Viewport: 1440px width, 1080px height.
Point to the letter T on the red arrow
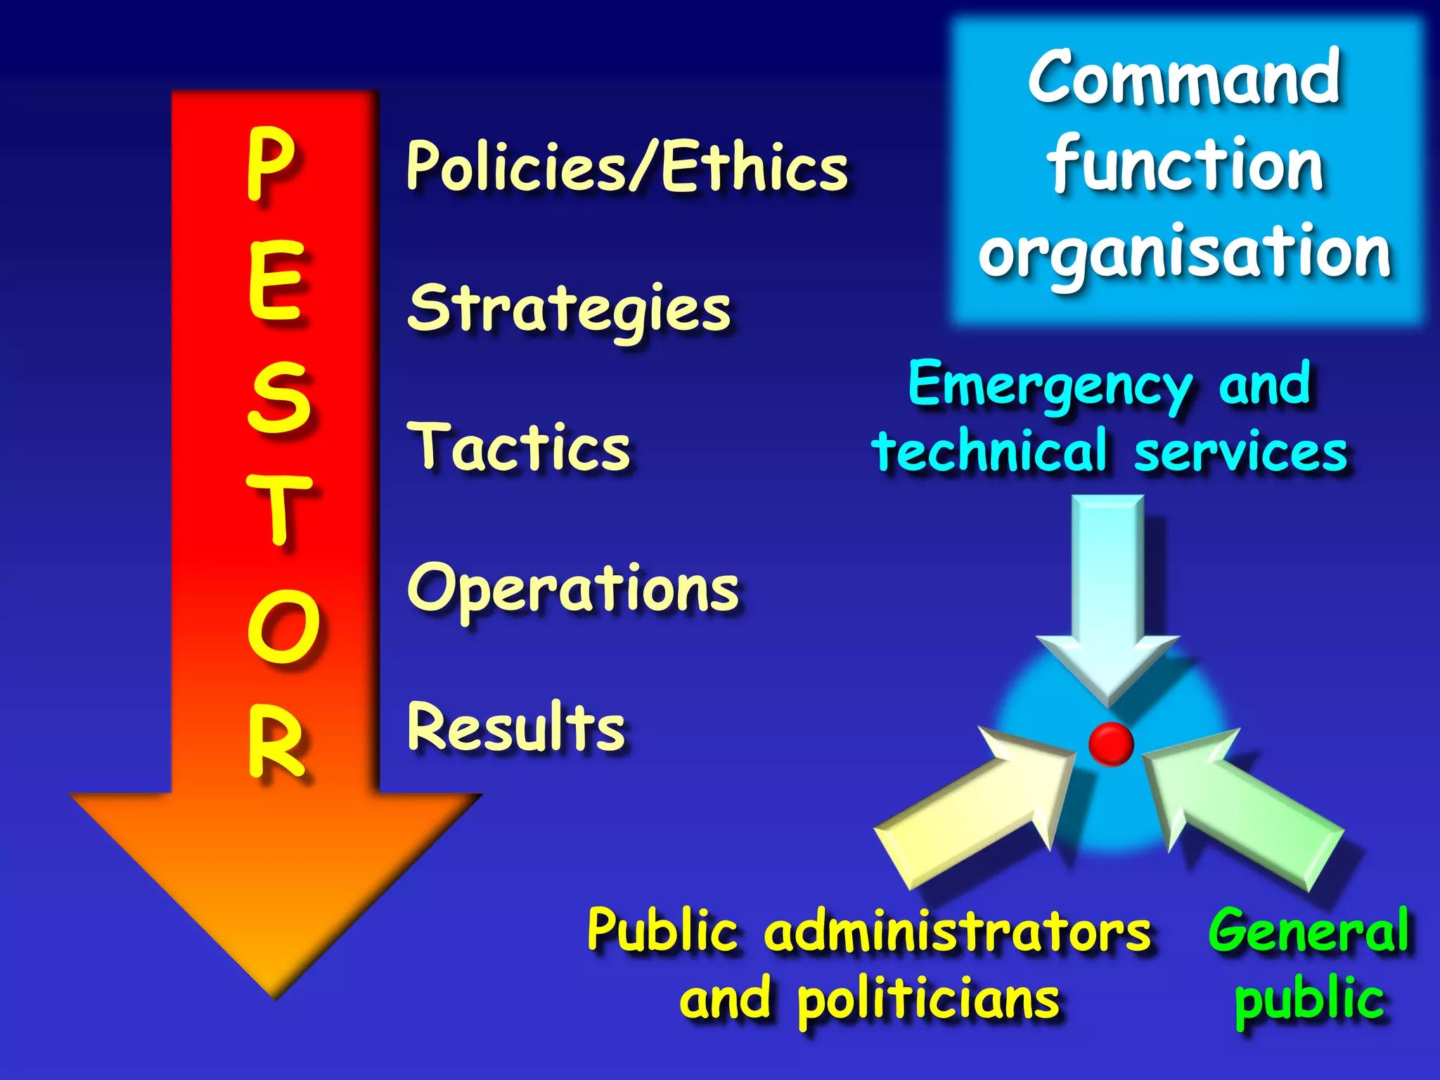point(279,509)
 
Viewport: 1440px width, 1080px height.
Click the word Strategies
point(570,309)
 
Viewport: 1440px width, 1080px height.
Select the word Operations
point(573,589)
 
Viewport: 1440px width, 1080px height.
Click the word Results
point(516,727)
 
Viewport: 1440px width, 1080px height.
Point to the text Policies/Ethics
point(627,166)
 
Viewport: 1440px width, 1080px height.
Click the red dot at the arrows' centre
point(1111,743)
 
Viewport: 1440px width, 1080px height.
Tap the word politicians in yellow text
point(928,1001)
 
